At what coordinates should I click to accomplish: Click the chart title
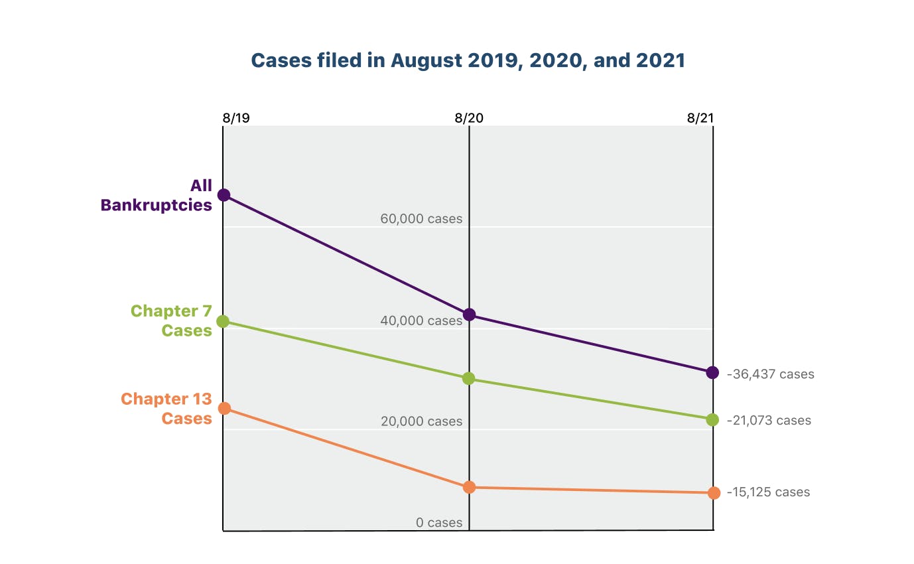coord(468,60)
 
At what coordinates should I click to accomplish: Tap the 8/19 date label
coord(236,118)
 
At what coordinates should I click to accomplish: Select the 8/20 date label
coord(469,118)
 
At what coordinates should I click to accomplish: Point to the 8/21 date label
coord(701,118)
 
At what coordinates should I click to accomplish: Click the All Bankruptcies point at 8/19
coord(224,195)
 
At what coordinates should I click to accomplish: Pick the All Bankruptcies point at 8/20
coord(469,315)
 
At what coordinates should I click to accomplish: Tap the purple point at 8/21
coord(712,373)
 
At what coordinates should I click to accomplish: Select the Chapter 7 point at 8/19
coord(224,321)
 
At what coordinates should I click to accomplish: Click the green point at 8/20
coord(469,379)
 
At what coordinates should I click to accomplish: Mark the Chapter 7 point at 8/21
coord(712,420)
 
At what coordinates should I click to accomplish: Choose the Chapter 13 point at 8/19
coord(224,408)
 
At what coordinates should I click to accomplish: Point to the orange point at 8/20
coord(469,487)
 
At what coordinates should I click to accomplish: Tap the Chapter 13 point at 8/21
coord(714,493)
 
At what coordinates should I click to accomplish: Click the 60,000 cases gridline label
coord(421,219)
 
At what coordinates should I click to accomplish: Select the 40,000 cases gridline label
coord(421,320)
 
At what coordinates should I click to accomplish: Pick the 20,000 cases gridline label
coord(421,421)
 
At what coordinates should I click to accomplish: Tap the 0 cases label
coord(439,523)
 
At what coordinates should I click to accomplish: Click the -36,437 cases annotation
coord(770,374)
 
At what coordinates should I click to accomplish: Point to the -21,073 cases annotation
coord(769,421)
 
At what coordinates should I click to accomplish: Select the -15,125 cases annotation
coord(768,492)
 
